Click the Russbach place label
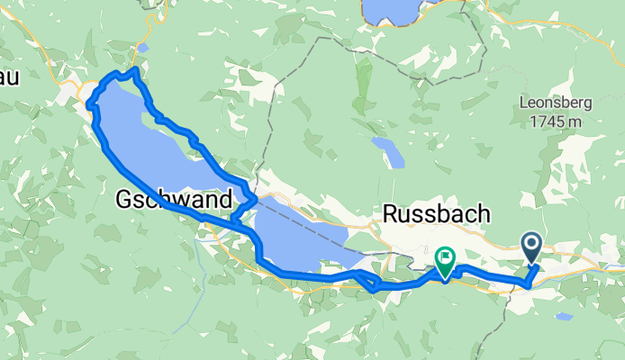pos(437,214)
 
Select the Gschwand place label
pos(174,200)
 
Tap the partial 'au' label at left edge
pos(10,77)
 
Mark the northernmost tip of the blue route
pos(134,68)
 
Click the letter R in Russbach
pos(391,214)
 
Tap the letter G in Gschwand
pos(124,200)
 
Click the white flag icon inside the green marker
pos(444,258)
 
